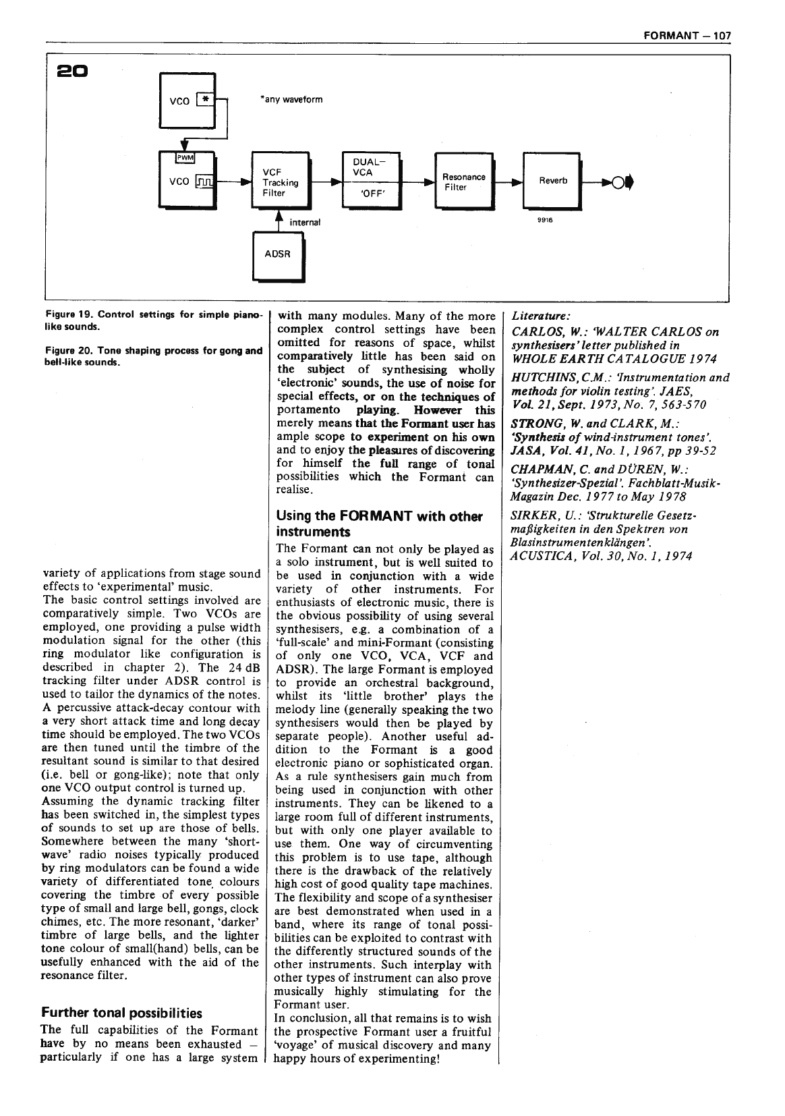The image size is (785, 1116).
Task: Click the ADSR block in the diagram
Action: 278,255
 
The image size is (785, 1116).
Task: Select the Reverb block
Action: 551,181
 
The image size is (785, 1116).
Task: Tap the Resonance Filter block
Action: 463,182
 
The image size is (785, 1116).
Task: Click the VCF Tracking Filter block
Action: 279,182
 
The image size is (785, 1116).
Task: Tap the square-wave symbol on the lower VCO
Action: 204,182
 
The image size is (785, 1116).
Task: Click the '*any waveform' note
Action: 291,100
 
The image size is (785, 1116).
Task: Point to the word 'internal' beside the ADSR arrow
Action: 305,222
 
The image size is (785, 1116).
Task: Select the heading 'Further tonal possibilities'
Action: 121,1013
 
